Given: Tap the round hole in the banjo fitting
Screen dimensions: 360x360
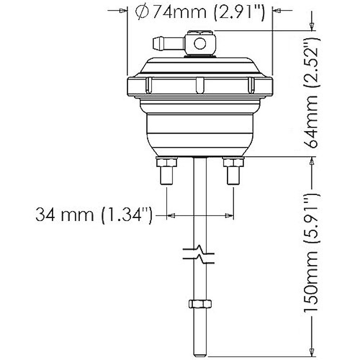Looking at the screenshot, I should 200,44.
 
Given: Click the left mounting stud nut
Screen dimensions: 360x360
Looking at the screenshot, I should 166,162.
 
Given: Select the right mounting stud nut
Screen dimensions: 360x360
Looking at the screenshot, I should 233,162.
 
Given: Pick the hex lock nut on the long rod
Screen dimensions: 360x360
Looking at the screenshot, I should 200,304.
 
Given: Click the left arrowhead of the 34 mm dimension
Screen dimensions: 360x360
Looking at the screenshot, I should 172,215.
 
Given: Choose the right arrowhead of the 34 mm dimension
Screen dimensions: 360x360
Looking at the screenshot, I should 229,215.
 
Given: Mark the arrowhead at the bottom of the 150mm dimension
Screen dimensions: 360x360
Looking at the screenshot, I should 311,350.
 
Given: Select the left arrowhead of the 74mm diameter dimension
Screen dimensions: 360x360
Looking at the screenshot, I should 123,11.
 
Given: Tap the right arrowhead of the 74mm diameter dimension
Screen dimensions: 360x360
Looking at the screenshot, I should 277,11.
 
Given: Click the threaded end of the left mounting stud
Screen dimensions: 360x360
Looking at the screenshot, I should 166,176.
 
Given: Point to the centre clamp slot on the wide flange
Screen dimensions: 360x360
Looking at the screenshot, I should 200,85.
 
